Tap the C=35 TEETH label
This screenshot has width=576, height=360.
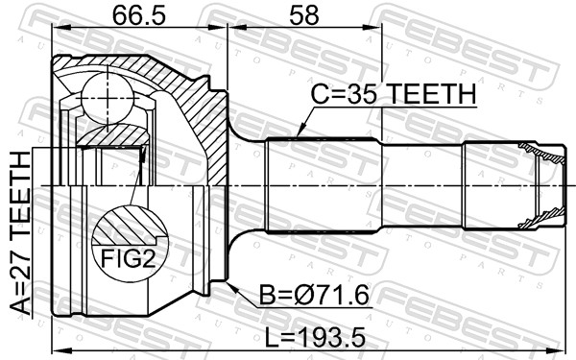pos(394,94)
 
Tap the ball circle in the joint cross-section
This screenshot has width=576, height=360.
pos(103,96)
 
